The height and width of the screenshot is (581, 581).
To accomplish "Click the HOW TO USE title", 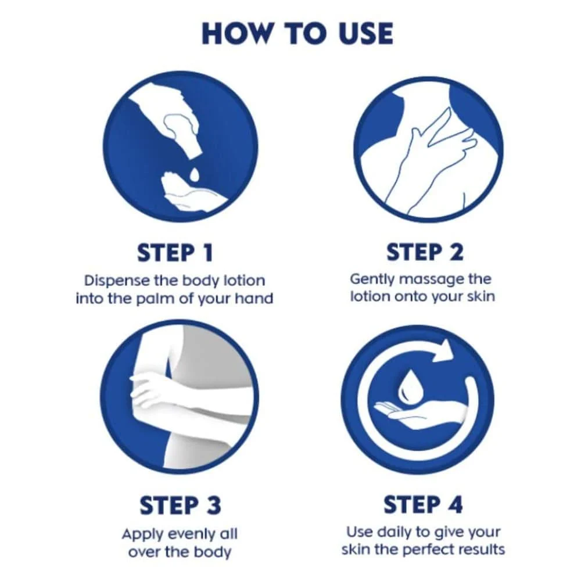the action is [297, 34].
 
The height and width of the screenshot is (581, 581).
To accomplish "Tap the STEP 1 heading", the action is [175, 253].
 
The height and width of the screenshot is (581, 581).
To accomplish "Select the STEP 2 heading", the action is [425, 252].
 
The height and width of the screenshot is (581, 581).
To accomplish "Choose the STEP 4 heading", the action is [423, 504].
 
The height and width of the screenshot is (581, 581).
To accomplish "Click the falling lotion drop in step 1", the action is [194, 174].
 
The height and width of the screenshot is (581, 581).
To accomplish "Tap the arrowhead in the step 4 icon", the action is [443, 350].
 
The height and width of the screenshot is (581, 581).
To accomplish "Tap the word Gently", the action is [372, 279].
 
